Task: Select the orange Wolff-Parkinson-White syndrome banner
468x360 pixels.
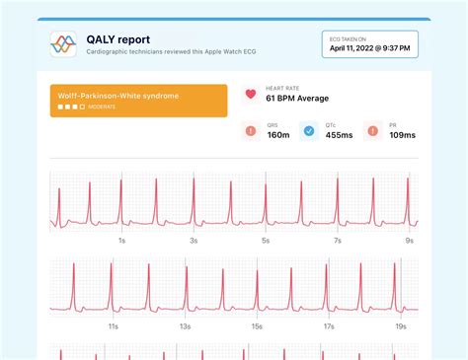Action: tap(138, 101)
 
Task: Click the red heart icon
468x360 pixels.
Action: tap(250, 95)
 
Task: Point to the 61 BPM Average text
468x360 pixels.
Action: tap(297, 101)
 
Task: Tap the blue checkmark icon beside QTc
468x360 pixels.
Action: tap(308, 131)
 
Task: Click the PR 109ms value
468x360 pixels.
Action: tap(403, 136)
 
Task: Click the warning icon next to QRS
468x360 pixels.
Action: tap(250, 131)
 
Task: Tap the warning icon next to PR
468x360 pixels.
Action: tap(372, 131)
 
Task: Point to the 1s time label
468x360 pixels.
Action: tap(121, 241)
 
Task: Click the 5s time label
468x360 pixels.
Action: tap(266, 241)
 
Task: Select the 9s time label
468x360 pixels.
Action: tap(409, 241)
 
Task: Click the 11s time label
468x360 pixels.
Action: tap(114, 325)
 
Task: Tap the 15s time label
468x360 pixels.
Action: tap(257, 325)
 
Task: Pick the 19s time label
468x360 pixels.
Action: tap(401, 325)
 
